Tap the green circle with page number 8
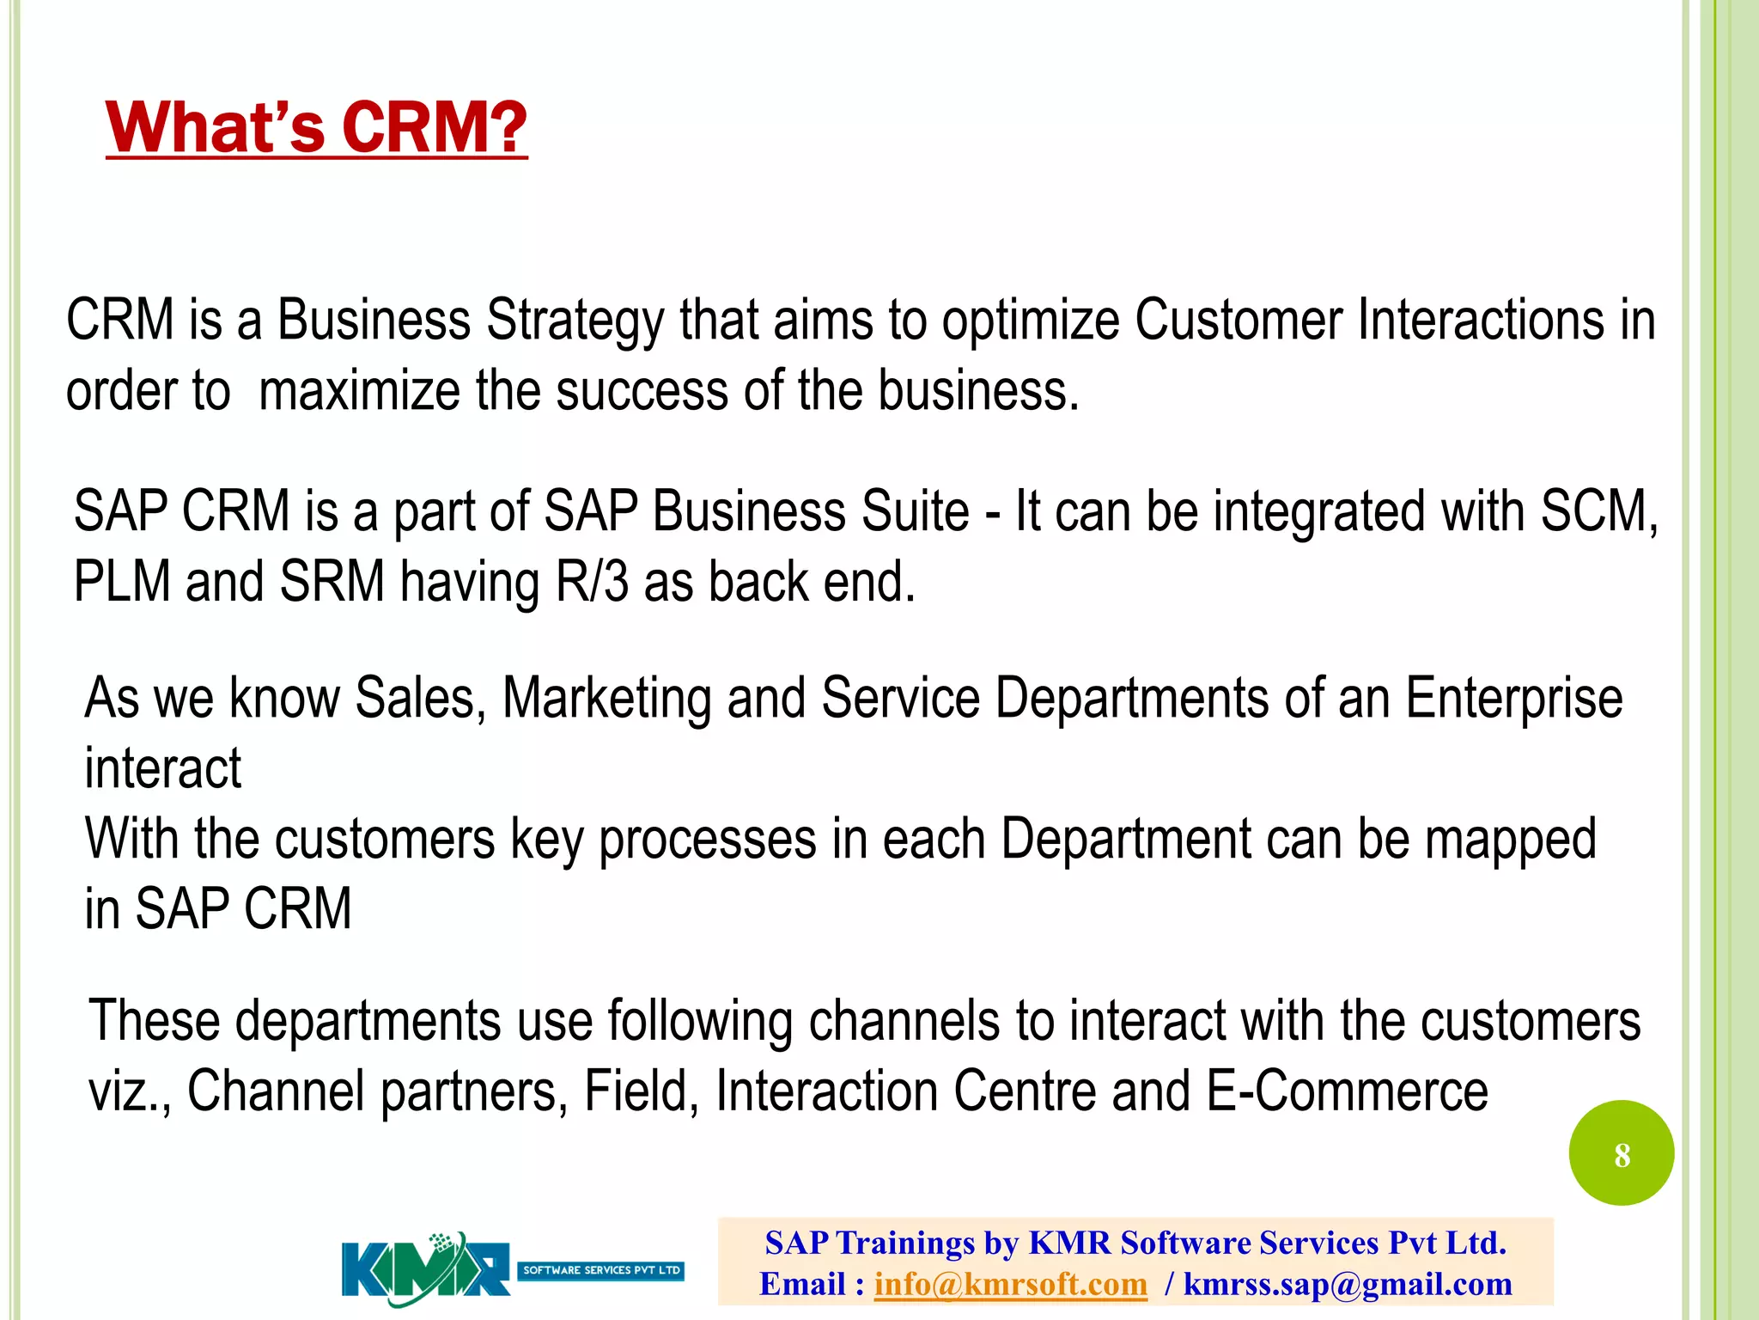click(x=1621, y=1153)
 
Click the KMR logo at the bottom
click(x=427, y=1269)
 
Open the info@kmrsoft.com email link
click(x=1010, y=1284)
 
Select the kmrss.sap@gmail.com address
click(x=1347, y=1284)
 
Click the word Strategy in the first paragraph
click(x=575, y=321)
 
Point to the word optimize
click(x=1030, y=321)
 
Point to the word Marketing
click(x=606, y=698)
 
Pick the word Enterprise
click(x=1513, y=698)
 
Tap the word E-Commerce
click(x=1347, y=1091)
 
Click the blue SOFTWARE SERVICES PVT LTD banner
click(x=600, y=1270)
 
